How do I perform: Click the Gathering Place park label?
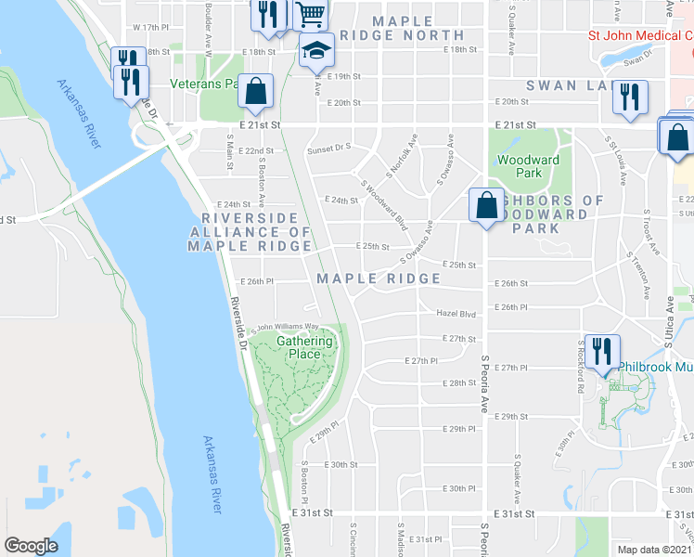[304, 347]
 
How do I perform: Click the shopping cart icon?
[310, 14]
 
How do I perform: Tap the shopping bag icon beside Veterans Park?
[255, 92]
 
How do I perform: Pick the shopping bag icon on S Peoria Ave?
[486, 206]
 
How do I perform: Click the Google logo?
[31, 545]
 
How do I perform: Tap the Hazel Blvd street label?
[455, 314]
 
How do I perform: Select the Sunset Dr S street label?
[329, 147]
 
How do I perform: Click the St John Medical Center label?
[640, 36]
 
